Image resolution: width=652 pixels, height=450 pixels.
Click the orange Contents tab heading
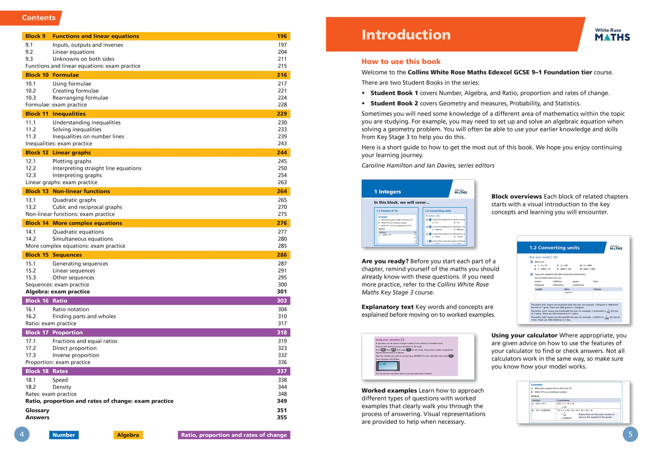(x=39, y=18)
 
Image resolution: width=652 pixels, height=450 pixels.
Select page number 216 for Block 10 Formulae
(x=282, y=75)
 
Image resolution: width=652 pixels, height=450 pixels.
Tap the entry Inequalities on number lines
(x=88, y=137)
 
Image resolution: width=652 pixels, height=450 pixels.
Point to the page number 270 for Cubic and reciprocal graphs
(x=282, y=207)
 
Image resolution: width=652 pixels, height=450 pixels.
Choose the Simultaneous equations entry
(x=83, y=239)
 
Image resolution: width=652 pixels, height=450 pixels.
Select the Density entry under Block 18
(x=62, y=387)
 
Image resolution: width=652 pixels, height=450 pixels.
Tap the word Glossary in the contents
(x=37, y=410)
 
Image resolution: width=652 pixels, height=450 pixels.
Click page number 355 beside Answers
(x=282, y=417)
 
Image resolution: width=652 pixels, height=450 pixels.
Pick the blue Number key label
(x=63, y=435)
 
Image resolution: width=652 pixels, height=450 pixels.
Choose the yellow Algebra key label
(x=128, y=435)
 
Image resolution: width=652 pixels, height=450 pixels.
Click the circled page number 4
(x=22, y=434)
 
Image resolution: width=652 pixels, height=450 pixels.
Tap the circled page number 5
(x=630, y=434)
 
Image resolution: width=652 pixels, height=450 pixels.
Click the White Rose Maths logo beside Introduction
(x=612, y=35)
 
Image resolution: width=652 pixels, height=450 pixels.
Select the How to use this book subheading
(x=401, y=62)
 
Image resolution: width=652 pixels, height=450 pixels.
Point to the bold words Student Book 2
(x=394, y=103)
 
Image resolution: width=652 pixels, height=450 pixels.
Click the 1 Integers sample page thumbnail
(x=418, y=213)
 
